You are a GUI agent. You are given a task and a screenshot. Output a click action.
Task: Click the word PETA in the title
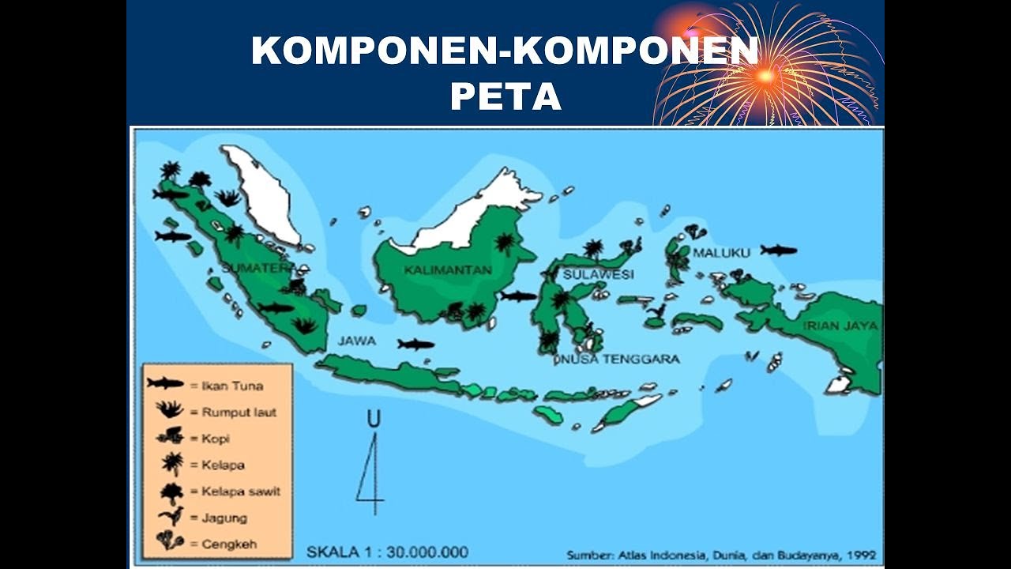(505, 96)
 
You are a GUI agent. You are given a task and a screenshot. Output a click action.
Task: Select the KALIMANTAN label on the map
(447, 270)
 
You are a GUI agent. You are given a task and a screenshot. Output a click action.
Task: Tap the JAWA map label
(357, 341)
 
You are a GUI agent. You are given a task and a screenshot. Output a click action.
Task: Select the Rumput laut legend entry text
(239, 412)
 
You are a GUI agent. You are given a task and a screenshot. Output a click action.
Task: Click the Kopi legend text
(215, 438)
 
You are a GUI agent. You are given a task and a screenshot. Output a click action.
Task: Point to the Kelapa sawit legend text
(240, 491)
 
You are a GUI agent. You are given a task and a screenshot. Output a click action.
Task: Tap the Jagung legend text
(224, 518)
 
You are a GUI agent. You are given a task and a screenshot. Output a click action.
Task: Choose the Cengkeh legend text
(229, 544)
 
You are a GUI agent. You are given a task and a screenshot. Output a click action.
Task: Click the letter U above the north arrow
(374, 420)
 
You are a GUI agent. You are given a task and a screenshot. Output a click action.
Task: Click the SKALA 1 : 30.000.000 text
(387, 552)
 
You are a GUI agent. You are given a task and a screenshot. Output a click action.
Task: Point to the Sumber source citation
(721, 555)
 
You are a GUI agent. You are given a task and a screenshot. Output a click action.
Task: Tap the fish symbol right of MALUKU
(779, 251)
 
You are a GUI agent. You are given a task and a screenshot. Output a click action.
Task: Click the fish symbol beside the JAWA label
(415, 344)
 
